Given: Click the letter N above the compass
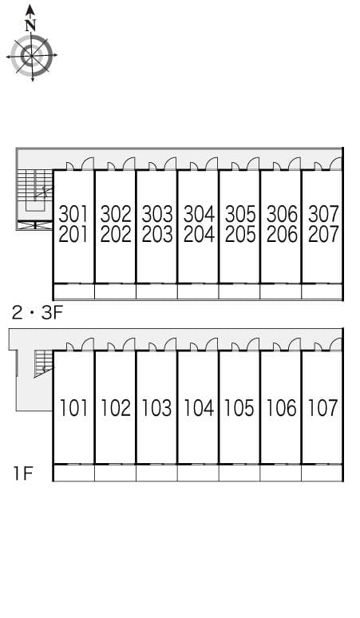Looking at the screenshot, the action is pyautogui.click(x=30, y=26).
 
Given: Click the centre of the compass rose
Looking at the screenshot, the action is pyautogui.click(x=31, y=56).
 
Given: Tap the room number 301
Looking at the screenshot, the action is pyautogui.click(x=73, y=215).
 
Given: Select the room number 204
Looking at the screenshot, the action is pyautogui.click(x=199, y=235).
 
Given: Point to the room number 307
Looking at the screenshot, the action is pyautogui.click(x=323, y=215).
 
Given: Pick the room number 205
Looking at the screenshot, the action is pyautogui.click(x=240, y=235).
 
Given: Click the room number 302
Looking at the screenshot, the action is pyautogui.click(x=116, y=215).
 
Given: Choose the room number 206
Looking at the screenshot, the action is pyautogui.click(x=282, y=235).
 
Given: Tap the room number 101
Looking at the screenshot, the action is pyautogui.click(x=73, y=408).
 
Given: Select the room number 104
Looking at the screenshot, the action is pyautogui.click(x=199, y=408).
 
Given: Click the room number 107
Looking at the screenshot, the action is pyautogui.click(x=322, y=408).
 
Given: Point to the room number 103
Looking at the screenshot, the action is pyautogui.click(x=156, y=408).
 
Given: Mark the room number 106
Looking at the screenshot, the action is pyautogui.click(x=281, y=408).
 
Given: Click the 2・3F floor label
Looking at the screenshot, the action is pyautogui.click(x=38, y=313).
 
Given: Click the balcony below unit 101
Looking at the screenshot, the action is pyautogui.click(x=73, y=473).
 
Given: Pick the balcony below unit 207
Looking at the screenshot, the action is pyautogui.click(x=322, y=291).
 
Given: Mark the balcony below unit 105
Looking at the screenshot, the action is pyautogui.click(x=239, y=473).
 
